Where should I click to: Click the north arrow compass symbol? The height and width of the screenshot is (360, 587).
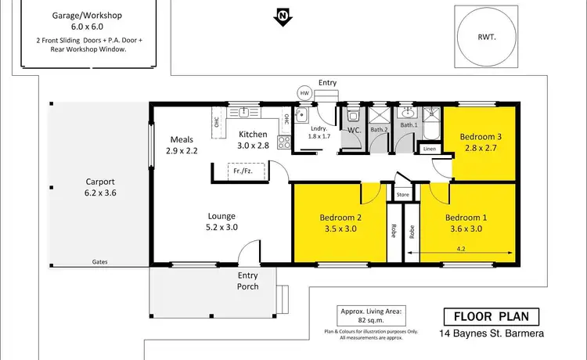click(281, 15)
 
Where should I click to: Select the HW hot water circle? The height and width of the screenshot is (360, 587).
click(304, 93)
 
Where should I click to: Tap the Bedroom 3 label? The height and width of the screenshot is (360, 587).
click(480, 135)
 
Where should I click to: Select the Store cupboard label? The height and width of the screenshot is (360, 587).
click(403, 194)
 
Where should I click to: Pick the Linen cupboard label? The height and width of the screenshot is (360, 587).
click(429, 149)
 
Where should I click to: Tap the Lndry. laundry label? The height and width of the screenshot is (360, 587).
click(318, 129)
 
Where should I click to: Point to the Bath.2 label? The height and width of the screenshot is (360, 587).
click(379, 129)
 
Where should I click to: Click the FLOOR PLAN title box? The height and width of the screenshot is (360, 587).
click(492, 317)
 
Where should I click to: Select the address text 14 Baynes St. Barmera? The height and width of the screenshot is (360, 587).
click(491, 334)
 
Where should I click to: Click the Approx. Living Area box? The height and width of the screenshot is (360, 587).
click(370, 315)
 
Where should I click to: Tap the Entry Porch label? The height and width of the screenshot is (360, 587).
click(252, 280)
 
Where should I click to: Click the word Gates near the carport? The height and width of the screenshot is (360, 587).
click(99, 262)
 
